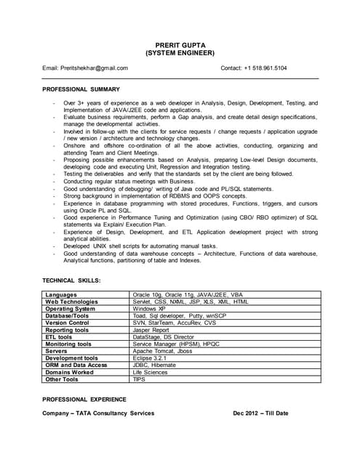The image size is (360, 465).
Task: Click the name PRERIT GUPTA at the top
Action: (180, 44)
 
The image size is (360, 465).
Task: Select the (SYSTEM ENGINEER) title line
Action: (180, 53)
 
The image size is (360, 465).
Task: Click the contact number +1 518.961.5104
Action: (254, 68)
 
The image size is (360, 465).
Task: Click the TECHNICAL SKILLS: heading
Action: (71, 280)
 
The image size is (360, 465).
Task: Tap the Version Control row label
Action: (68, 323)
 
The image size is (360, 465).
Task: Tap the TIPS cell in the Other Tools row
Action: (139, 379)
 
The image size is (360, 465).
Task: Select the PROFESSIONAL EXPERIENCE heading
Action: (84, 399)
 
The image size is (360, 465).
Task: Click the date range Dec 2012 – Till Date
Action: (260, 413)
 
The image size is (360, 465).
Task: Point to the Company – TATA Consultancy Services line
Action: (98, 413)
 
